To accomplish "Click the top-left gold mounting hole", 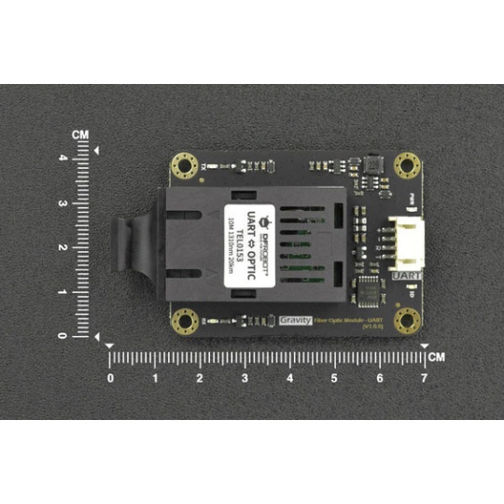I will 184,166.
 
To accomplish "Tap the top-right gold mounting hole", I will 407,165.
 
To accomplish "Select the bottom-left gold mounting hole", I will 185,322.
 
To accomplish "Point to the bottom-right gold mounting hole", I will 407,322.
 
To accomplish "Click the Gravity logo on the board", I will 294,319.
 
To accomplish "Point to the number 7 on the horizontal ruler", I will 424,378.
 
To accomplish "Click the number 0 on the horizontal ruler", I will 110,378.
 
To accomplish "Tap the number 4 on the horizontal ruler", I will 289,378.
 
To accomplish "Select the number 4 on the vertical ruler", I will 63,158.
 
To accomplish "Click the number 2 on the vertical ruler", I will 63,247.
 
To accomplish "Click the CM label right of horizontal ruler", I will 437,357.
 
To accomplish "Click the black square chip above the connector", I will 371,165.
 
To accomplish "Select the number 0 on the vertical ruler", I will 63,336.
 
